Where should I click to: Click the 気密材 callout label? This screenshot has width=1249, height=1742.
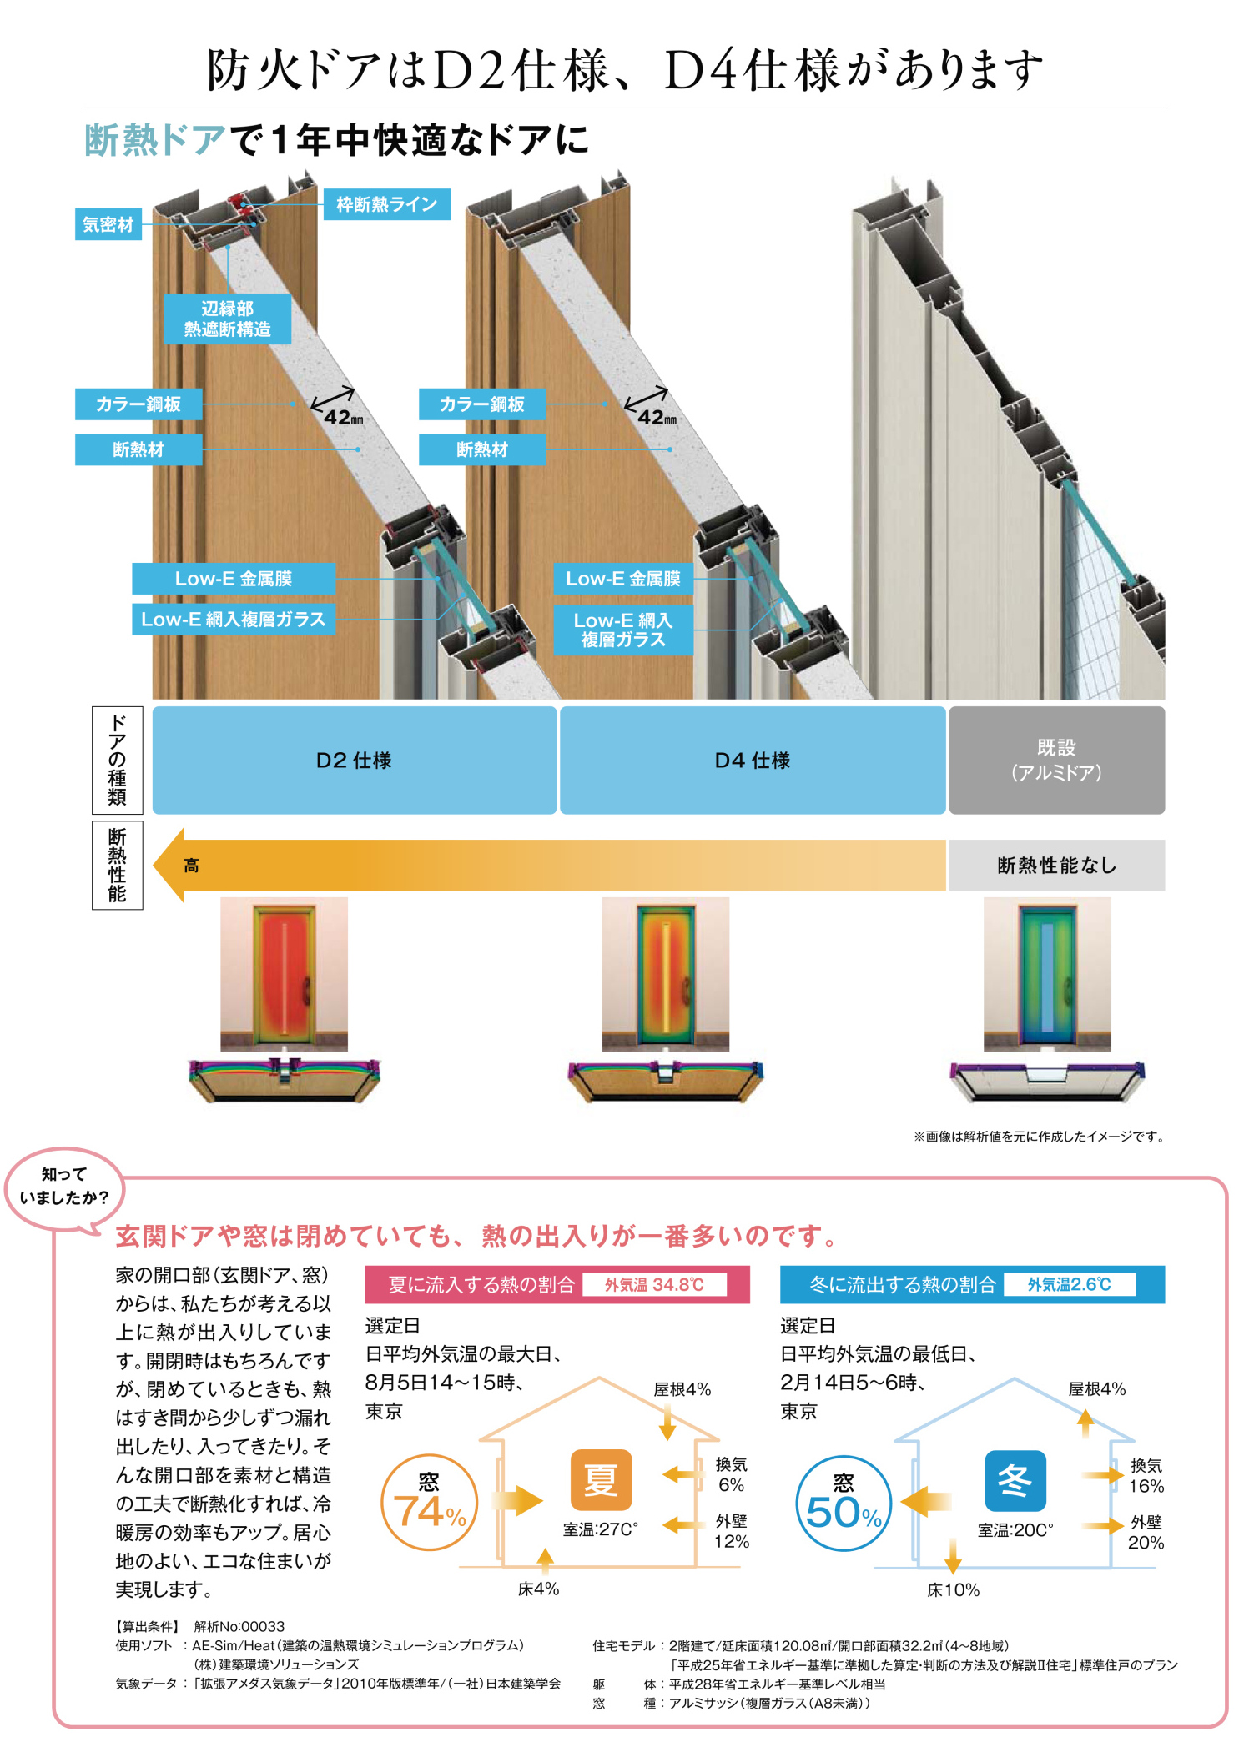(108, 224)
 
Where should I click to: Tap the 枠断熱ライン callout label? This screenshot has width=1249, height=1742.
(386, 204)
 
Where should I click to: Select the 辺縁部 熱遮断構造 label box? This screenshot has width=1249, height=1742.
(228, 319)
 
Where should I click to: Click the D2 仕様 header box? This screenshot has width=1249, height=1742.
(354, 760)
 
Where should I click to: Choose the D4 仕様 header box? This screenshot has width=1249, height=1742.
(752, 760)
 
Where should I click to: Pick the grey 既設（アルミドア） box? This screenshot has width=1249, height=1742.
(1056, 760)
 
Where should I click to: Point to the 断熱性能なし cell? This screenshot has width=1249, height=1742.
(1056, 866)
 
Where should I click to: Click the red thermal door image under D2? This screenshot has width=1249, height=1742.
(284, 973)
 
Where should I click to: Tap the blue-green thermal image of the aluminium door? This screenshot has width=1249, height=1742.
(1047, 973)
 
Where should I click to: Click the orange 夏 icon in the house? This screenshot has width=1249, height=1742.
(601, 1479)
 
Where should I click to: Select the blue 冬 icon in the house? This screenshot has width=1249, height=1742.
(1015, 1480)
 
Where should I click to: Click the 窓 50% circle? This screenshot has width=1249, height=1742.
(844, 1504)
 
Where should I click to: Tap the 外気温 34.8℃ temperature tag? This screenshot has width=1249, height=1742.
(654, 1285)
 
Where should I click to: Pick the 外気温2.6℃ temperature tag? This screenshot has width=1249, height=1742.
(1069, 1285)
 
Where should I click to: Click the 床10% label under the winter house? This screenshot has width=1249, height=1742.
(953, 1590)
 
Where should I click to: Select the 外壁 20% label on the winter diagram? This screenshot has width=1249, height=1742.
(1146, 1533)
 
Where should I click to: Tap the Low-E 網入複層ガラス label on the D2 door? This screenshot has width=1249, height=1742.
(234, 620)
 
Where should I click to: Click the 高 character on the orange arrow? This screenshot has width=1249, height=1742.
(191, 866)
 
